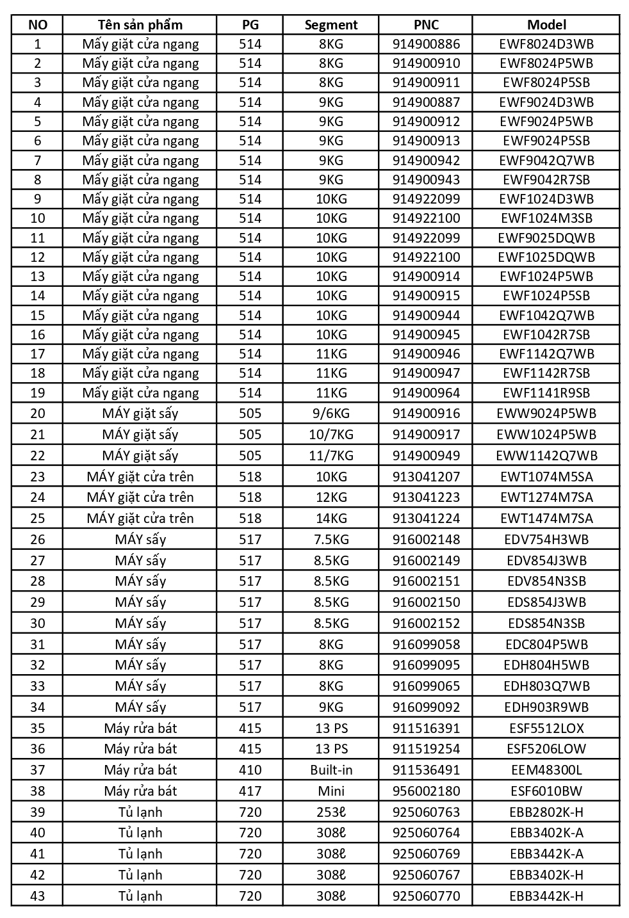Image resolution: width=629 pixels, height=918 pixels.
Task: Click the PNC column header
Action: [426, 25]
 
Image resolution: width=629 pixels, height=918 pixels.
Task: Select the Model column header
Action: [546, 25]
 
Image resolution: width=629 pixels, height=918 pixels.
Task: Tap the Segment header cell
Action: [331, 25]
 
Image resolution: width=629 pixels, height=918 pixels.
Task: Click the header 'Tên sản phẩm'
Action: [140, 25]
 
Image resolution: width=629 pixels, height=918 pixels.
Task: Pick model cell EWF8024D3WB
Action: [546, 44]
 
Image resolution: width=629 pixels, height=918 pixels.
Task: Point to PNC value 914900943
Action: [426, 180]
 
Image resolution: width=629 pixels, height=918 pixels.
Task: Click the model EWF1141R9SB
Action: [546, 393]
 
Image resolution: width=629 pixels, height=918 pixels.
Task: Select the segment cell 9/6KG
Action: [331, 414]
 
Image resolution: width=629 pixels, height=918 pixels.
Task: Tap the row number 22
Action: [38, 456]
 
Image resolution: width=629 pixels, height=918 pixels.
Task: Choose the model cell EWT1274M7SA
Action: [546, 497]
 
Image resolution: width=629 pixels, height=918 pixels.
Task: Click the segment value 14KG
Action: [331, 519]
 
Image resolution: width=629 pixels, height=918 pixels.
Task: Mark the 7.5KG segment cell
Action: [331, 540]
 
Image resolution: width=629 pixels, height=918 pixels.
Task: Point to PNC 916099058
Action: [426, 645]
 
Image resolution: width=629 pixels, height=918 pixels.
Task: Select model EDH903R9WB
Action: [546, 707]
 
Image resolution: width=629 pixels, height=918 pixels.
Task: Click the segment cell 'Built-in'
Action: [331, 770]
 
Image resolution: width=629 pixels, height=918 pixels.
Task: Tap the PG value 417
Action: [250, 791]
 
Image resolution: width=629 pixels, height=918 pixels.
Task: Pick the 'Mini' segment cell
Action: [331, 791]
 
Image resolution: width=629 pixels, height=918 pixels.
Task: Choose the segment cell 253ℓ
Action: [331, 812]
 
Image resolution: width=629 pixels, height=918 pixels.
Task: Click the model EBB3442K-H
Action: [546, 896]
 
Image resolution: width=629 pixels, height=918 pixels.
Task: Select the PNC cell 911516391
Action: [426, 729]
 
